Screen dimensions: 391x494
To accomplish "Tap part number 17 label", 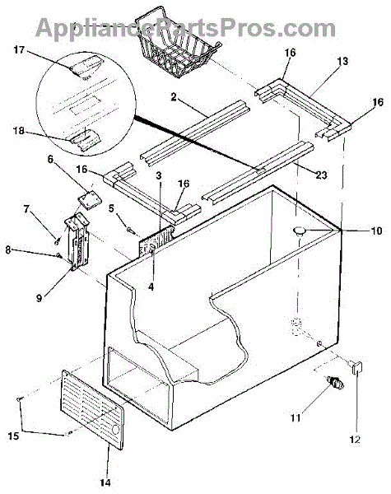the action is click(19, 49).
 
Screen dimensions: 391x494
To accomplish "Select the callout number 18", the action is click(19, 130).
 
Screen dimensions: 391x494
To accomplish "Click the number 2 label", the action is click(174, 97).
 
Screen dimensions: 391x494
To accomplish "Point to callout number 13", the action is click(342, 61).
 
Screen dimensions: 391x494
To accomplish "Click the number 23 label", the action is click(321, 175).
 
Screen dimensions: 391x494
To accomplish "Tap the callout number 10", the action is click(376, 231).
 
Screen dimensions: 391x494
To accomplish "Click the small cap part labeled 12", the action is click(356, 367).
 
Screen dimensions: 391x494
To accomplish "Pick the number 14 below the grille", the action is click(105, 482).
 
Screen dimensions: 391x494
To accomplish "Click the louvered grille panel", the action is click(92, 409).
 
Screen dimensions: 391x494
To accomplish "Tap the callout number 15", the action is click(13, 436).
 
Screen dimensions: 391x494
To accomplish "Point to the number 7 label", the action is click(26, 209).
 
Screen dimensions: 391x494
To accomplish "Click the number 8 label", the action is click(8, 249).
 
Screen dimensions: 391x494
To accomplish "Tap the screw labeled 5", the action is click(130, 231).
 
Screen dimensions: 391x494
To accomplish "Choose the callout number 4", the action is click(151, 287).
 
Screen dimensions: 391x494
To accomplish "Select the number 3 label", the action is click(159, 175).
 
